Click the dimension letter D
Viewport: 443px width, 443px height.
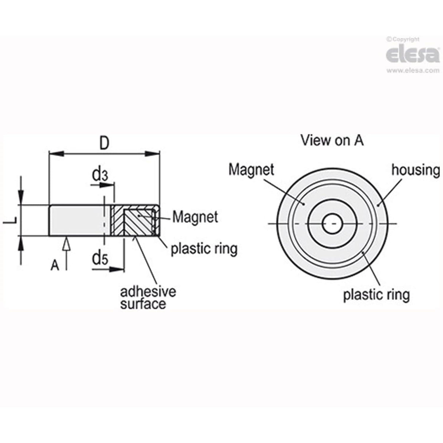(104, 143)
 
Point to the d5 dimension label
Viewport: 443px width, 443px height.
(100, 259)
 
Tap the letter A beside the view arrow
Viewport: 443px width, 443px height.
(55, 265)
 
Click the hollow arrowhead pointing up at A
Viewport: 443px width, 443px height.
(66, 244)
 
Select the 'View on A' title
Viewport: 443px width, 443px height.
(332, 140)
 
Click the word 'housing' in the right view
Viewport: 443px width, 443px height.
(415, 170)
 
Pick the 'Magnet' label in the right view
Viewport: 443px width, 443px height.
(251, 170)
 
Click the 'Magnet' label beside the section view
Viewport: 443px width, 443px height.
(195, 217)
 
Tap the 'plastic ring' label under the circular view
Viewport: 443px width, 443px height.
(376, 294)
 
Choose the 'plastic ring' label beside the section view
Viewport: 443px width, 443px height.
(204, 249)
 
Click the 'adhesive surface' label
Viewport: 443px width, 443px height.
(148, 298)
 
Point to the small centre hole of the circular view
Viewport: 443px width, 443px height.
(332, 223)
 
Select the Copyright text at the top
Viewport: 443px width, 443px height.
(403, 39)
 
